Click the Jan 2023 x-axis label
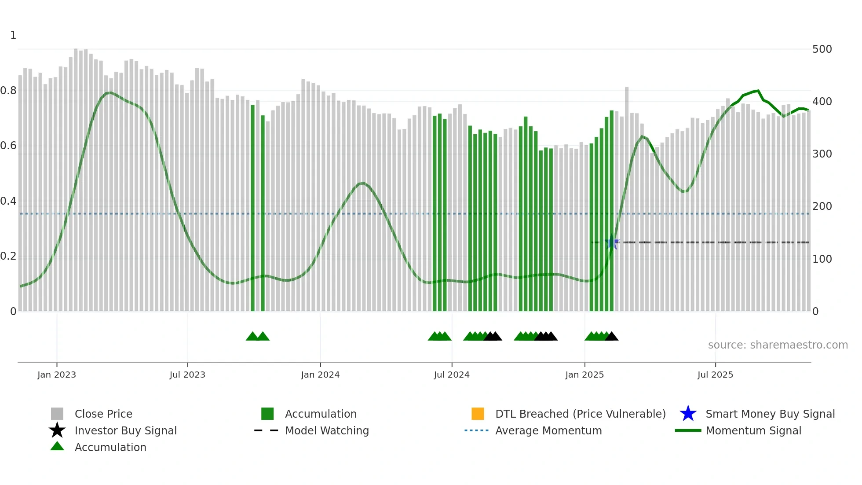pos(56,375)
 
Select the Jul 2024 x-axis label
pos(451,375)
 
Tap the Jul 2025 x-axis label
pos(715,375)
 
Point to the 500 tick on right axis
pos(822,49)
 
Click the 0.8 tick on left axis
pos(9,91)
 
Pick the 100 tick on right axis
pos(822,259)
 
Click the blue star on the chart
pos(612,242)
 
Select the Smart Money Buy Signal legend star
pos(688,414)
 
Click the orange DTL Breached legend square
pos(478,414)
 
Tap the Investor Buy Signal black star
pos(57,430)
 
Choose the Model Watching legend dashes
pos(267,430)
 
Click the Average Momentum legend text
pos(548,430)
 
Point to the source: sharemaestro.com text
pos(778,345)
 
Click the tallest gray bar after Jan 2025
pos(627,198)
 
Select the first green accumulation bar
pos(253,207)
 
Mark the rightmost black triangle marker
pos(612,337)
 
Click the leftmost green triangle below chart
pos(253,337)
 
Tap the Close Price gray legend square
pos(57,414)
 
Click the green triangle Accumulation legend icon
pos(57,446)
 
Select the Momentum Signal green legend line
pos(688,430)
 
